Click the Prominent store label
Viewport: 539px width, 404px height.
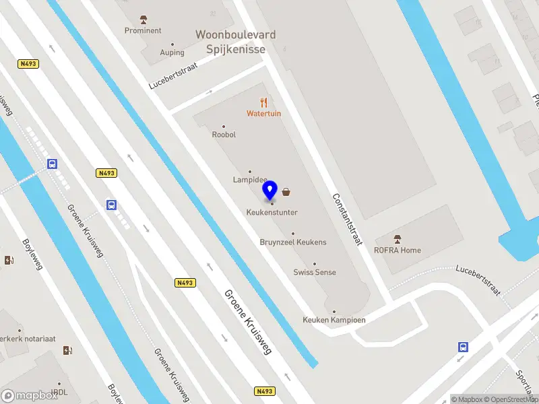[143, 30]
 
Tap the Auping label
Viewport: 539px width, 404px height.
[172, 53]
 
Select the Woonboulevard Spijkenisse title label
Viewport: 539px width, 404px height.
[235, 41]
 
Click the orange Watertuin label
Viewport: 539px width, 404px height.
[263, 114]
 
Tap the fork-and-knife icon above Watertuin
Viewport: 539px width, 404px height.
[263, 102]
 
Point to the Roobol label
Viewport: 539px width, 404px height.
[224, 135]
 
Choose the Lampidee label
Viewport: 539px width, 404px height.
[250, 180]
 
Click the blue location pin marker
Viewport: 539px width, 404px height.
[270, 191]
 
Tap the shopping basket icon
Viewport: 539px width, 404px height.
[287, 192]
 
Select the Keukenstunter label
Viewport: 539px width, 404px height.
[272, 213]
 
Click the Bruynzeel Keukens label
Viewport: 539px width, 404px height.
[293, 242]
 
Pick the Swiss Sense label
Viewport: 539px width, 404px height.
[315, 272]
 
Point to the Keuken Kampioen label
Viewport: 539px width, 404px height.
[334, 320]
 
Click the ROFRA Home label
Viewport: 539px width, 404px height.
[398, 250]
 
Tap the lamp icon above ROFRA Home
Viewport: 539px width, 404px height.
[398, 239]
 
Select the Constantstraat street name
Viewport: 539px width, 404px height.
[348, 219]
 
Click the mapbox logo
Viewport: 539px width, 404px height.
[29, 396]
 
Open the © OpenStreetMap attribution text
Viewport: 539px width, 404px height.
[510, 399]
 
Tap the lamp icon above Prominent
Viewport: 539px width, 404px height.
[143, 19]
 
